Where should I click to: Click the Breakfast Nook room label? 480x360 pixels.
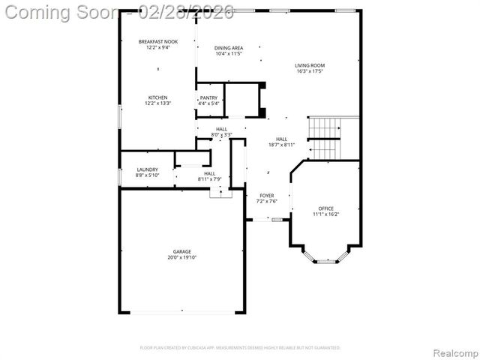[x=157, y=42]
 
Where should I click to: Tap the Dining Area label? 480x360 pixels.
[x=229, y=48]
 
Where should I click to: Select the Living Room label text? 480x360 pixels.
[x=309, y=65]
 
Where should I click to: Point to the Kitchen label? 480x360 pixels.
[x=157, y=97]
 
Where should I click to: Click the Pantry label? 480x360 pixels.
[x=208, y=98]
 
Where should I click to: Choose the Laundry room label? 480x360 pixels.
[x=147, y=169]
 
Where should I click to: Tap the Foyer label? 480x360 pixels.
[x=267, y=195]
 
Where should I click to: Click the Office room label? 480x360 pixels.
[x=325, y=208]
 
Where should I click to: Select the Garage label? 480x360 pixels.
[x=181, y=251]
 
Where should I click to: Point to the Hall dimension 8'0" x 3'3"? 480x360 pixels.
[x=222, y=135]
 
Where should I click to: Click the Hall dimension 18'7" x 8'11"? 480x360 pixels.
[x=282, y=145]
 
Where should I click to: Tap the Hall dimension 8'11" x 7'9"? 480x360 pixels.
[x=209, y=179]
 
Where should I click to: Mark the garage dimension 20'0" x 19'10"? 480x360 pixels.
[x=181, y=257]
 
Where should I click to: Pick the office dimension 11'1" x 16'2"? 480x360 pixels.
[x=325, y=214]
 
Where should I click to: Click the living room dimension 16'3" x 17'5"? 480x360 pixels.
[x=309, y=72]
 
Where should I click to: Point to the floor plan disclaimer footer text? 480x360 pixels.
[x=240, y=348]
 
